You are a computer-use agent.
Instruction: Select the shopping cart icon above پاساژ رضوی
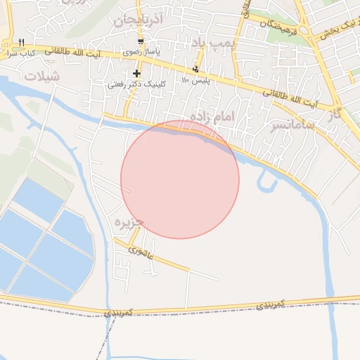click(141, 41)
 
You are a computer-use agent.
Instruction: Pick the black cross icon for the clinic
click(136, 73)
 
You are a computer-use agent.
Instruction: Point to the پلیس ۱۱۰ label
click(195, 80)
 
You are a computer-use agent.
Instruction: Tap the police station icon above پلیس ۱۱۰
click(195, 69)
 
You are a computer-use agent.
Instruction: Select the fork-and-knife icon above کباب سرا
click(22, 41)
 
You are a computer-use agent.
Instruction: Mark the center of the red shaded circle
click(180, 179)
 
